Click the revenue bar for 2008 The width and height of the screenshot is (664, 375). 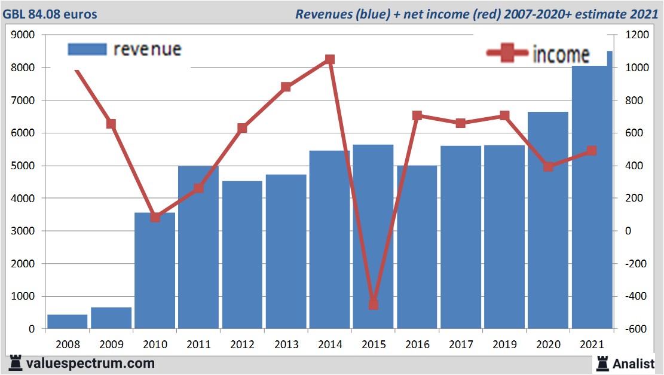point(67,321)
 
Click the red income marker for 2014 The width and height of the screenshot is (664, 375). point(329,59)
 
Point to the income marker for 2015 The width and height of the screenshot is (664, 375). point(374,304)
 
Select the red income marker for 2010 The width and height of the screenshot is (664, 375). point(155,217)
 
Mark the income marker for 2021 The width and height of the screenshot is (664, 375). point(592,151)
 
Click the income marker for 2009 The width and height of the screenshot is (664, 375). point(111,124)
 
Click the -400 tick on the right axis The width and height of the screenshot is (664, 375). point(636,296)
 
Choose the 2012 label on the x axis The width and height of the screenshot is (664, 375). point(242,344)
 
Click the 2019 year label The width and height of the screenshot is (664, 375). point(504,344)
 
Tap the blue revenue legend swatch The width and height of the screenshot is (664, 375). point(87,49)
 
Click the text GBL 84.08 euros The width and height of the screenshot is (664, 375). point(50,14)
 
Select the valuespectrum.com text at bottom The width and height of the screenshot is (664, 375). point(90,363)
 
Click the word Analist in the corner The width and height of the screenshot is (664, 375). point(633,363)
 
